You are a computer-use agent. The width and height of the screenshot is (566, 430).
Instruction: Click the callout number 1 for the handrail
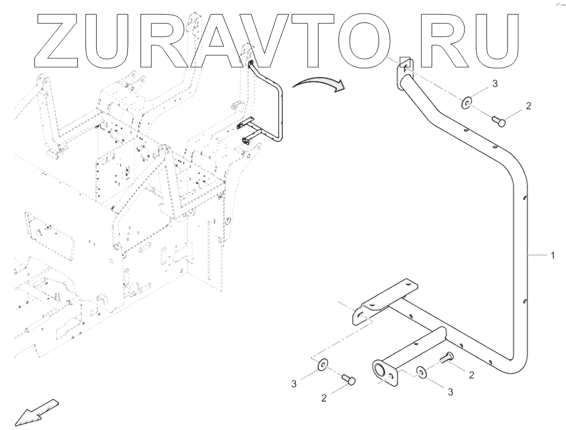click(x=552, y=256)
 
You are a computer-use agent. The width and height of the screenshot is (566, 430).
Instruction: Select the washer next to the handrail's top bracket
click(x=466, y=104)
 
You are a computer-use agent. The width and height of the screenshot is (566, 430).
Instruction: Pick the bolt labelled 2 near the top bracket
click(x=499, y=121)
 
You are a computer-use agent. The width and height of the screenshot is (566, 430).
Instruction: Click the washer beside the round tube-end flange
click(x=422, y=372)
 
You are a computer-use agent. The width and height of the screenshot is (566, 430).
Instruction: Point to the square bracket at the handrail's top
click(x=405, y=65)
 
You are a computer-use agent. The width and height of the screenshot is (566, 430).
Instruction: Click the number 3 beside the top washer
click(x=495, y=84)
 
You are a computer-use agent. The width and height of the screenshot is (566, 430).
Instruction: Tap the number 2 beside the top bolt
click(x=528, y=106)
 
